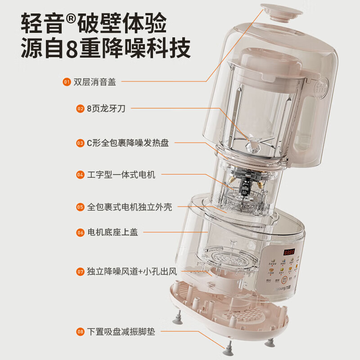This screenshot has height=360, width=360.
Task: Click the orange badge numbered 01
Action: (x=67, y=82)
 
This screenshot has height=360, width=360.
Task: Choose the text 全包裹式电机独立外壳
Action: (x=130, y=207)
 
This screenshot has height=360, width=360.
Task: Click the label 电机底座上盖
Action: (x=112, y=233)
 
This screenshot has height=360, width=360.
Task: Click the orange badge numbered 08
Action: (x=80, y=332)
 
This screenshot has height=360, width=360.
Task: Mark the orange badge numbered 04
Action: (x=80, y=175)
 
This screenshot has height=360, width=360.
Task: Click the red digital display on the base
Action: (x=286, y=252)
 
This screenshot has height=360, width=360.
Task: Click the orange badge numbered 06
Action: (x=80, y=233)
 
